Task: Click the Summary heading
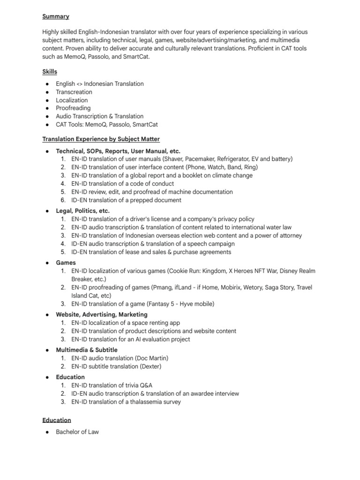coord(56,16)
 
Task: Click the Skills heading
coord(50,72)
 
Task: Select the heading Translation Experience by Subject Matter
coord(101,139)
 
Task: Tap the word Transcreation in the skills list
coord(74,92)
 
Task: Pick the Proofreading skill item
coord(73,108)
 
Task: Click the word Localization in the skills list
coord(72,100)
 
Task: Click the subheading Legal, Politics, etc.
coord(82,211)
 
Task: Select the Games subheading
coord(66,263)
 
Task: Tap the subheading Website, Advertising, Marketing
coord(102,315)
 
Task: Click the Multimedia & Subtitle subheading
coord(87,350)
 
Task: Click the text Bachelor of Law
coord(77,432)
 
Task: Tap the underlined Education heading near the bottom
coord(56,420)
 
